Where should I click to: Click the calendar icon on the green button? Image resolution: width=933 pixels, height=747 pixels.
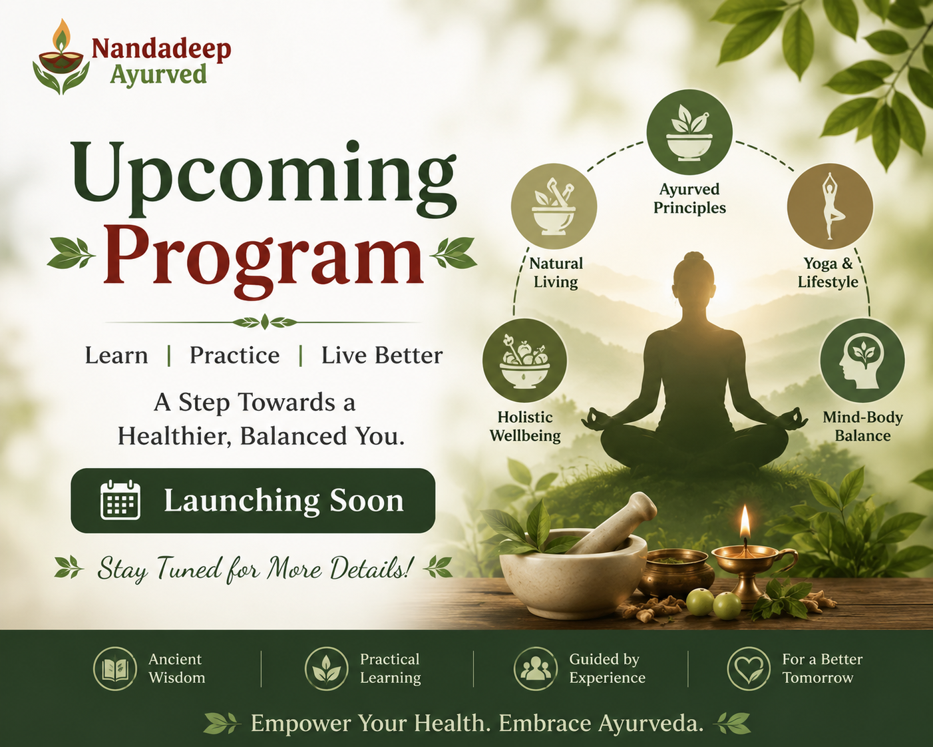120,500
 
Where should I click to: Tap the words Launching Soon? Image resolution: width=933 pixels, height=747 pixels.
283,501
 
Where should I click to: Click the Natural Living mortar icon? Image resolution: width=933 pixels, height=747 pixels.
554,206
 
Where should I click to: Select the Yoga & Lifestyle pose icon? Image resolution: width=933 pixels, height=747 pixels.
830,206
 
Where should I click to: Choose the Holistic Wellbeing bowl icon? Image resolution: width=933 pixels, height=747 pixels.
524,361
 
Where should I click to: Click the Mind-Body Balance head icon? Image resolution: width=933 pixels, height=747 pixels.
862,361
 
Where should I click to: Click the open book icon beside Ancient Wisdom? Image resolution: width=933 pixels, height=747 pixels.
115,668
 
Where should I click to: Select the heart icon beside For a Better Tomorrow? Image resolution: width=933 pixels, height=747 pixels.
748,668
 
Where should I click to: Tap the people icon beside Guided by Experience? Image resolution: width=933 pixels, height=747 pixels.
536,668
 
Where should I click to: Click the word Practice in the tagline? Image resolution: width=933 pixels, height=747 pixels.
234,356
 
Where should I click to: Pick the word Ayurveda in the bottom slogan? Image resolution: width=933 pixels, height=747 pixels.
652,724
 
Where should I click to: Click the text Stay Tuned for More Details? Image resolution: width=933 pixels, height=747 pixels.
253,569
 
